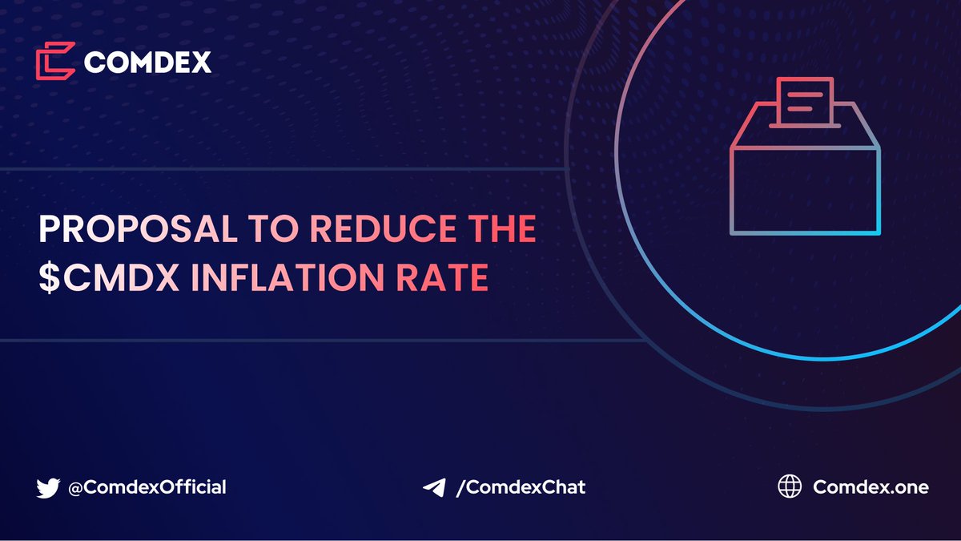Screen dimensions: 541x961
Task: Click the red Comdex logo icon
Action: (x=55, y=61)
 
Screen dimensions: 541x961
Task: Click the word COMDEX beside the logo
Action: (x=147, y=62)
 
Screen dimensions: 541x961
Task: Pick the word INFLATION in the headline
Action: (x=283, y=277)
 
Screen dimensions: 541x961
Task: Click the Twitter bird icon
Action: (x=48, y=486)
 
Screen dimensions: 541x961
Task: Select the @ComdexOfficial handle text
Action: (x=147, y=486)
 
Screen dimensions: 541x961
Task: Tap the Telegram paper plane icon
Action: (x=433, y=486)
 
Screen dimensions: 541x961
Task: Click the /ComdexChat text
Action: (x=520, y=486)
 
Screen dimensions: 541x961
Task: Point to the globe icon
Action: (x=790, y=486)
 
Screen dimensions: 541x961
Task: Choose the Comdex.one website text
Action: (x=871, y=486)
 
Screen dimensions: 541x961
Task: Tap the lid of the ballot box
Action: (x=805, y=136)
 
